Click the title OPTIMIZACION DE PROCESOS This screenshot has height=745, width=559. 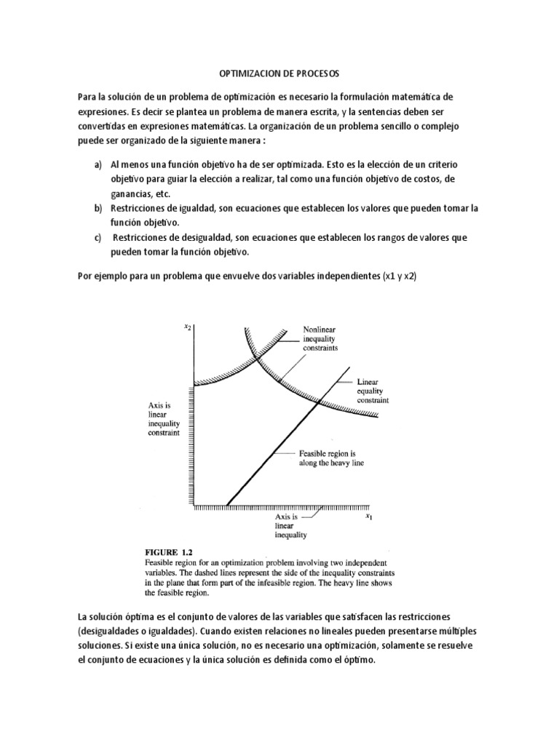click(x=279, y=74)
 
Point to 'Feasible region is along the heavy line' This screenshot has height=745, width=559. click(x=331, y=457)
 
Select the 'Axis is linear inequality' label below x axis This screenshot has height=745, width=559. click(x=290, y=525)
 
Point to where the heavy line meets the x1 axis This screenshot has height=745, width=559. click(x=228, y=505)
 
